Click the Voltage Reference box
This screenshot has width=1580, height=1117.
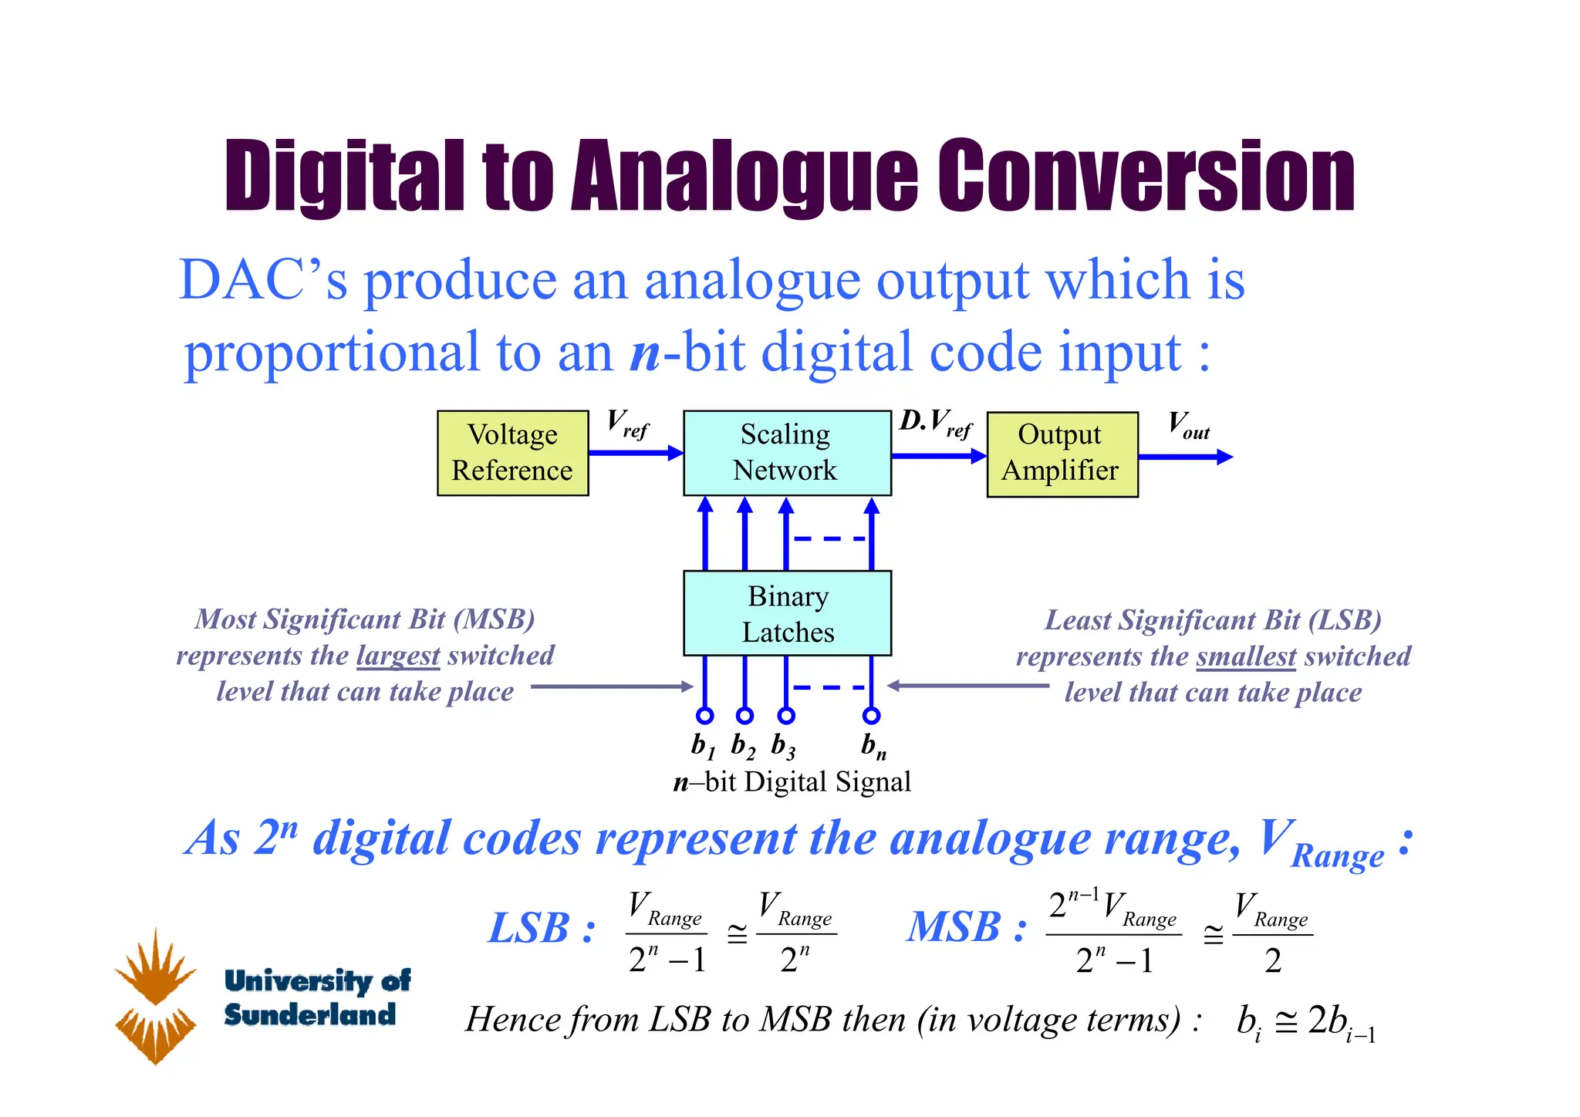512,453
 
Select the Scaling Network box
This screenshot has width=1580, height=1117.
787,453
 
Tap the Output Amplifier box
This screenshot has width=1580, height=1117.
1062,454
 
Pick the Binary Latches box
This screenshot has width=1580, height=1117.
787,613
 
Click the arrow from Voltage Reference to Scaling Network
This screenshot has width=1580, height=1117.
636,453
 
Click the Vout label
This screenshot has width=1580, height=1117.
1188,425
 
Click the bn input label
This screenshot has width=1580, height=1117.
873,746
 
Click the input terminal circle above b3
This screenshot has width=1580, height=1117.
786,715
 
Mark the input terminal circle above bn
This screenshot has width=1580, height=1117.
872,715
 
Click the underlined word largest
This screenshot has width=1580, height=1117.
398,656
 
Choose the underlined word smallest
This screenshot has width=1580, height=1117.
1246,656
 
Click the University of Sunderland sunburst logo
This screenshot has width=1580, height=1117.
156,996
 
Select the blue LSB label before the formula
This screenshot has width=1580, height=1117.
541,927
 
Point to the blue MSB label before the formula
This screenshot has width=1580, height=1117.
965,927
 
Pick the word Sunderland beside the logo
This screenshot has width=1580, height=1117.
310,1014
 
